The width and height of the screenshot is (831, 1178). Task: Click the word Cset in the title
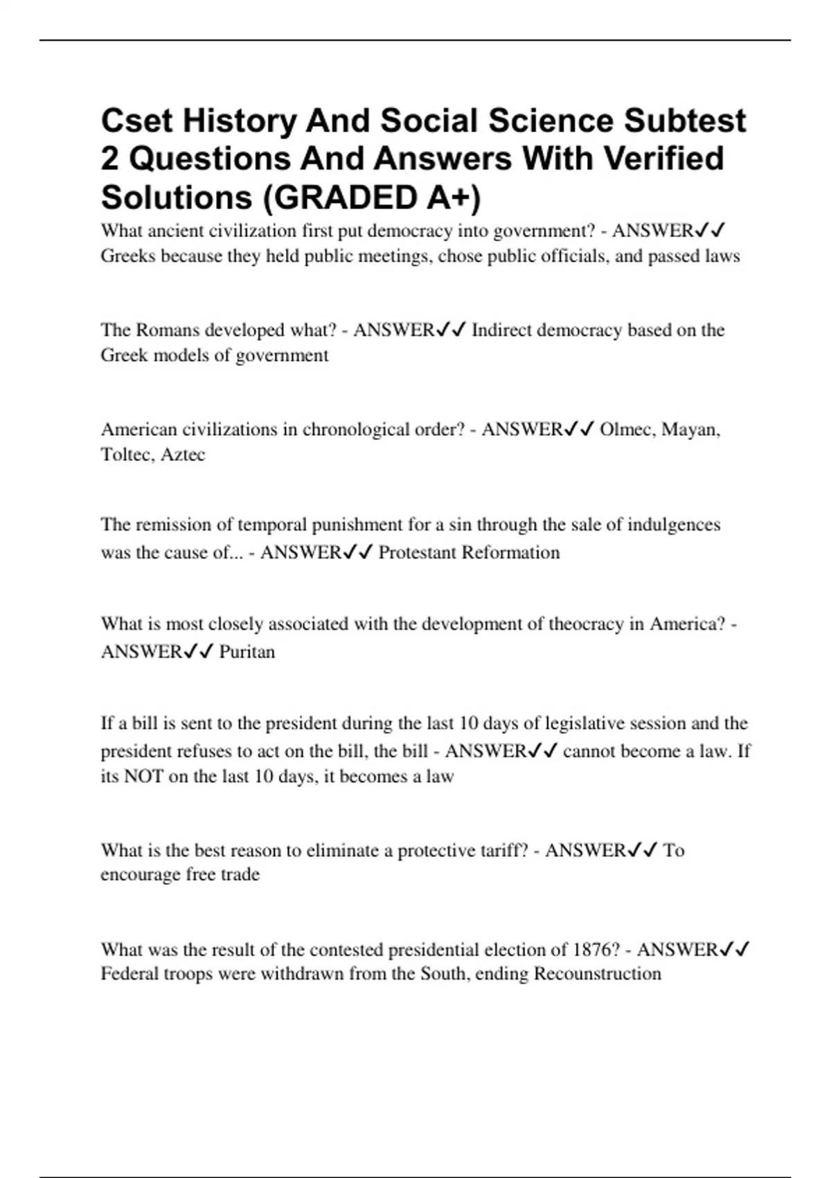click(136, 121)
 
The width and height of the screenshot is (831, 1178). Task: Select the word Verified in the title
click(664, 159)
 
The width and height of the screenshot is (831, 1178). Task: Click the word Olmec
click(627, 430)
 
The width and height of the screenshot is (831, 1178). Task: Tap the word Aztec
click(183, 455)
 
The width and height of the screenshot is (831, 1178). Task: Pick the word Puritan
click(247, 652)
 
